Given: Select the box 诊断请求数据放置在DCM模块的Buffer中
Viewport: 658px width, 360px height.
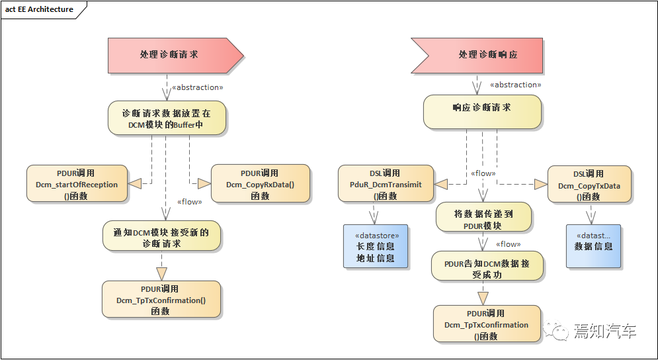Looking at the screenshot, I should (167, 118).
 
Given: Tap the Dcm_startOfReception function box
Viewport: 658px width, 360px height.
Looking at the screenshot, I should (76, 184).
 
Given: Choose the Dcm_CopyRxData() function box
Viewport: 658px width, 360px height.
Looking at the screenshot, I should (260, 184).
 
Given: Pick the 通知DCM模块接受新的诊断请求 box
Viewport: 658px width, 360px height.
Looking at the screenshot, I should (161, 238).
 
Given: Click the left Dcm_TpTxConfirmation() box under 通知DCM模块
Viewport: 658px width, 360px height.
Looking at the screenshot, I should (161, 299).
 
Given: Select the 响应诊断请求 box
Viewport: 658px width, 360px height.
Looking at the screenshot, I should (482, 112).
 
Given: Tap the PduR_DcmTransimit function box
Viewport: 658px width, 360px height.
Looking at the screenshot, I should (386, 185).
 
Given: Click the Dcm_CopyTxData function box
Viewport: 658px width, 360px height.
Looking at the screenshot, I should (589, 185).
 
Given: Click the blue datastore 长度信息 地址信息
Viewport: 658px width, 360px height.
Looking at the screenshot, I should (376, 246).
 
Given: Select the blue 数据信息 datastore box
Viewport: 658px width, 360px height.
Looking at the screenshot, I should (593, 246).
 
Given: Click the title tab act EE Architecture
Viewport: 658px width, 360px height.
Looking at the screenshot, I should (39, 10).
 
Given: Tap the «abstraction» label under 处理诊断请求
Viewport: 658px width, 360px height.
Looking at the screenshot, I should (197, 87).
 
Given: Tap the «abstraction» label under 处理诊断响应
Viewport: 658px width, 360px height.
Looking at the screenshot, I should (515, 85).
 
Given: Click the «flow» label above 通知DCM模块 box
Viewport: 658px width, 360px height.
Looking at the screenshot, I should (190, 201).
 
